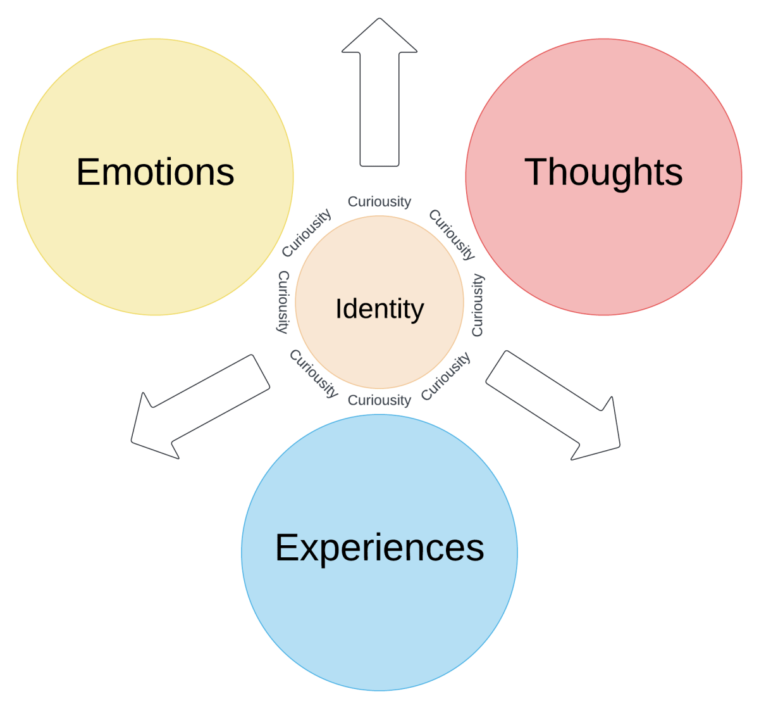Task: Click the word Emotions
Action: click(155, 172)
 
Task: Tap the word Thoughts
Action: click(603, 172)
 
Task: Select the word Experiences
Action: click(379, 547)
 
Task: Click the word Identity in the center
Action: click(379, 309)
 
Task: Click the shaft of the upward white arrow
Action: click(379, 108)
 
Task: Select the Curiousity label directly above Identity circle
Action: click(379, 201)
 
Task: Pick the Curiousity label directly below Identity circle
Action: click(379, 400)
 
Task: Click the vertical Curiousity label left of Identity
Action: click(283, 301)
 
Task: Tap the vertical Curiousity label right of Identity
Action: click(478, 305)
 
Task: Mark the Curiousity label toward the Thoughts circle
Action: click(452, 234)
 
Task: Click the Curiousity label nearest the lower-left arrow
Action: click(314, 374)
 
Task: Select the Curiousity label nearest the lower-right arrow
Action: click(446, 376)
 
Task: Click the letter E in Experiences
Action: click(286, 547)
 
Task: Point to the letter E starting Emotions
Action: click(87, 172)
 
